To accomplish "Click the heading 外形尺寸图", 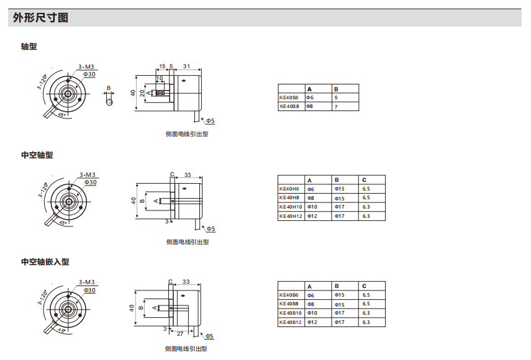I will point(40,18).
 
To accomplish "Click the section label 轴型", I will point(29,47).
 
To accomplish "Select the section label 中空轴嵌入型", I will point(45,262).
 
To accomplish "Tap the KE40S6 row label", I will point(289,97).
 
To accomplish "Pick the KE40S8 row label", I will point(289,106).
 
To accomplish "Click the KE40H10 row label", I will point(291,207).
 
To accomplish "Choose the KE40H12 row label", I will point(291,216).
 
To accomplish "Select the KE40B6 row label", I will point(289,295).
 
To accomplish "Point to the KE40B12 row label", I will point(291,322).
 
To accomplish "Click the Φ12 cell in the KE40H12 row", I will point(312,216).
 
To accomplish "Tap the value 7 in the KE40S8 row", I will point(336,107).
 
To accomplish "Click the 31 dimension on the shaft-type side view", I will point(187,66).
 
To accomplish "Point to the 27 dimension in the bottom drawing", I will point(180,333).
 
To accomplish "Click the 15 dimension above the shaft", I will point(162,66).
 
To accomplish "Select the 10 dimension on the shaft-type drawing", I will point(160,78).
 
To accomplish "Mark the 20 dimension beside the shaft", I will point(142,93).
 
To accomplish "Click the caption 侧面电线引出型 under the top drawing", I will point(187,133).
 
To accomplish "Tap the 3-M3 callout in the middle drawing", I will point(87,174).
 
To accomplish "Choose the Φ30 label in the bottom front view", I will point(90,290).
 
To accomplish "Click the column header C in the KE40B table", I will point(365,286).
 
